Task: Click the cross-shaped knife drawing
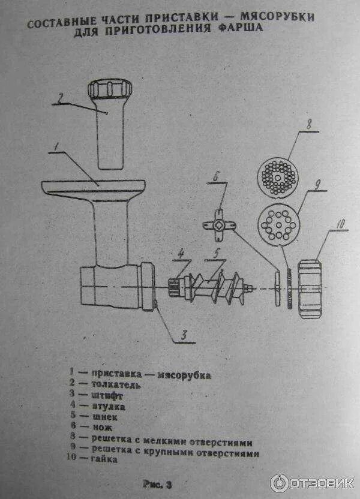tap(218, 226)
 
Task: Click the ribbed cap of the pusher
tap(109, 91)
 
